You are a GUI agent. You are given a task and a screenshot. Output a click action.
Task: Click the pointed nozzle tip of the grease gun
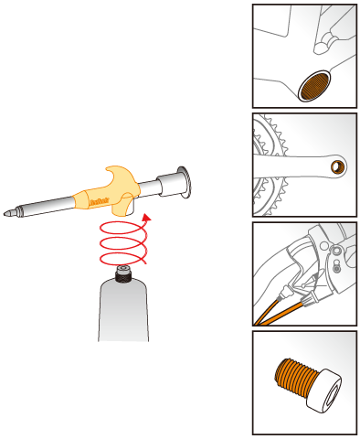point(8,214)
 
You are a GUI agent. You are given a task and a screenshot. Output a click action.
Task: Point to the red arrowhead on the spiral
point(147,219)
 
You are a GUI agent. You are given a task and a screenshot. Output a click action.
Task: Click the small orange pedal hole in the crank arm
point(338,166)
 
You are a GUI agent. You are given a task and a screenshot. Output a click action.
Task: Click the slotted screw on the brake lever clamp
point(337,267)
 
